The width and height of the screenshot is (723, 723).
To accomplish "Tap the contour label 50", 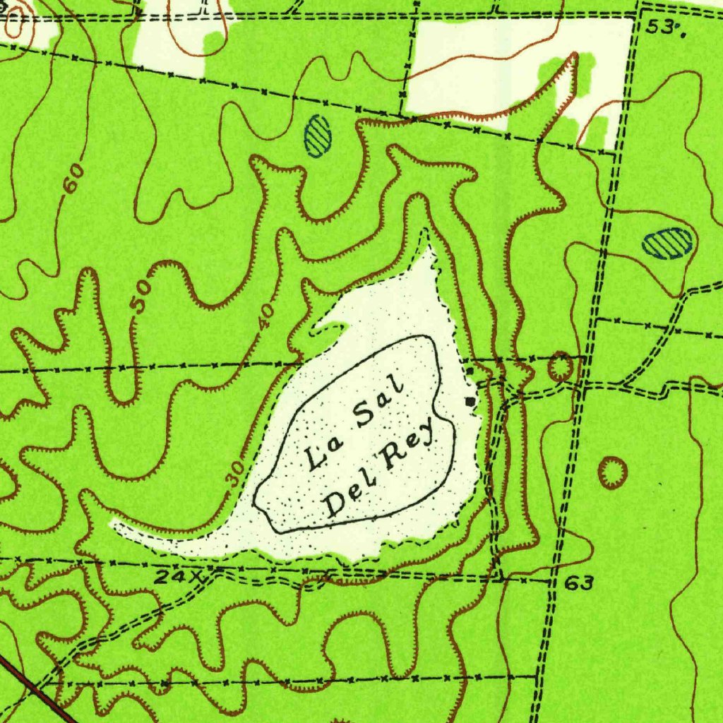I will [x=141, y=297].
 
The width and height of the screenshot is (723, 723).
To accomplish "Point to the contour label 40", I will [x=265, y=316].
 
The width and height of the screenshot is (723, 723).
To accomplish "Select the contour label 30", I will [x=236, y=471].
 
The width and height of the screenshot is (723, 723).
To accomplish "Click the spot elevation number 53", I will [x=662, y=27].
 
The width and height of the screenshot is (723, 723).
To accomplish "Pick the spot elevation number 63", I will [x=579, y=583].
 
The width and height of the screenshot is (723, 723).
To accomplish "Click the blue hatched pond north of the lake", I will [x=318, y=136].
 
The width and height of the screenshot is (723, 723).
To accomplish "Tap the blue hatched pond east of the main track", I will [x=667, y=243].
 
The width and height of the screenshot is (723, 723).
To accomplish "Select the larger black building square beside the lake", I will [x=471, y=401].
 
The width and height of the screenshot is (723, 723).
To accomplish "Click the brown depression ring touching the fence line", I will [x=560, y=366].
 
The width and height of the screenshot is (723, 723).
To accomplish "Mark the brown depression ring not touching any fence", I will [x=612, y=472].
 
